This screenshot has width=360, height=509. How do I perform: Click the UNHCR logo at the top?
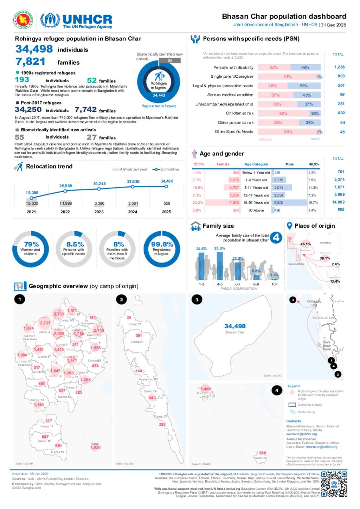click(x=76, y=20)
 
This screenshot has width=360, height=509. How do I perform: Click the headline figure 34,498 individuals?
click(x=34, y=49)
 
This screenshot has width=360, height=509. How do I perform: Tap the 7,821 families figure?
click(x=30, y=62)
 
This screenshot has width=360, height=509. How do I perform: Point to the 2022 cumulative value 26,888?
click(x=65, y=186)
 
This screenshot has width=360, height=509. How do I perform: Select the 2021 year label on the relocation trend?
click(x=31, y=212)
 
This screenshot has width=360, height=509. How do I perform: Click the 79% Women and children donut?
click(x=31, y=249)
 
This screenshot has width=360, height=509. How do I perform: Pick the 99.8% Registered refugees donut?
click(x=162, y=249)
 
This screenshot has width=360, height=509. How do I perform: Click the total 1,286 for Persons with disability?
click(x=339, y=67)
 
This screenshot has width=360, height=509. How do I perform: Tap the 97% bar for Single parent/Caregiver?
click(x=288, y=77)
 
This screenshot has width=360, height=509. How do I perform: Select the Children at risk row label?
click(x=239, y=113)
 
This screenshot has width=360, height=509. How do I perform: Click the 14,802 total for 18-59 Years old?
click(x=338, y=202)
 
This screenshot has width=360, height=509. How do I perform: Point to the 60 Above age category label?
click(x=256, y=210)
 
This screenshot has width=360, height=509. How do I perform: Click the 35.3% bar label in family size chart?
click(x=219, y=248)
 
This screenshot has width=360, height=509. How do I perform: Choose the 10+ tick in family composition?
click(x=275, y=284)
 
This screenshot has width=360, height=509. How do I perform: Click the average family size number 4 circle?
click(x=276, y=238)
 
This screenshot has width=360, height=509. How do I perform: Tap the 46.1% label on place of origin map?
click(x=306, y=244)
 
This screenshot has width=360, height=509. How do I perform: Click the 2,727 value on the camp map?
click(x=45, y=323)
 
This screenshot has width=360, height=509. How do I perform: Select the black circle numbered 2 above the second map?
click(x=121, y=299)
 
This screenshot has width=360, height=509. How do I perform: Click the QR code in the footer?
click(x=334, y=484)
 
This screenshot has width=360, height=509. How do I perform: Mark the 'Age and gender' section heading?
click(x=221, y=154)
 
